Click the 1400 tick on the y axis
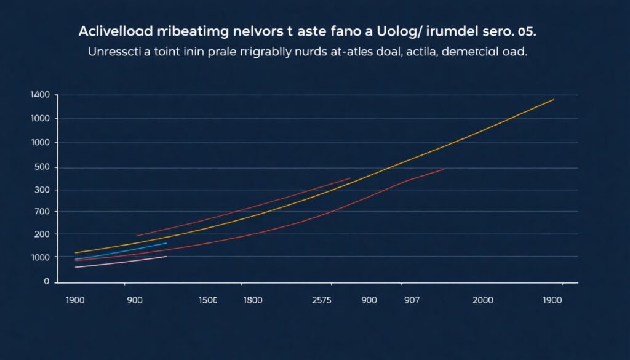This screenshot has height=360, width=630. pos(39,95)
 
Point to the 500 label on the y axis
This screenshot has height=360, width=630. pos(41,167)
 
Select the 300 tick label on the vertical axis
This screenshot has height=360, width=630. pos(41,190)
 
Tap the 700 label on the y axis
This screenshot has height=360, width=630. pos(41,212)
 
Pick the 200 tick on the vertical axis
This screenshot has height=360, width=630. pos(41,234)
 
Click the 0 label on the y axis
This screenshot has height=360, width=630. pos(46,281)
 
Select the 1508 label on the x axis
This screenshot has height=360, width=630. pos(207,301)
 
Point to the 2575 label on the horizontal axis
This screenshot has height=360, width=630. pos(322,301)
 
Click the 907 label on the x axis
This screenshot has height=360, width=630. pos(412,301)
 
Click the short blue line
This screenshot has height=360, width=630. pos(123,250)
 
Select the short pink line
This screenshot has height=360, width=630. pos(123,262)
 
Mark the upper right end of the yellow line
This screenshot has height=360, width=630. pos(554,99)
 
